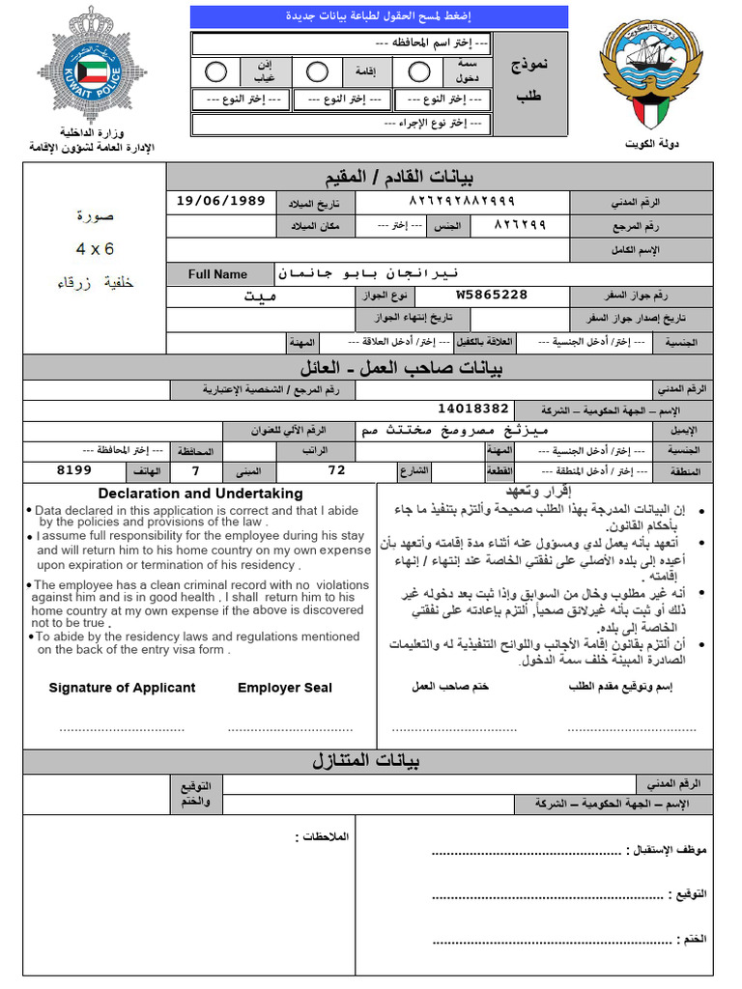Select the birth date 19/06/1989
tap(221, 201)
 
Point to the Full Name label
tap(217, 274)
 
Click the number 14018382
tap(473, 409)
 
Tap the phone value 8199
tap(74, 470)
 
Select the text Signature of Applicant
tap(122, 688)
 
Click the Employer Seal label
tap(284, 688)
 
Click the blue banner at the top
tap(379, 16)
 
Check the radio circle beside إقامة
tap(317, 72)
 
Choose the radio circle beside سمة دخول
tap(418, 72)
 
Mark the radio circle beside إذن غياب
tap(216, 72)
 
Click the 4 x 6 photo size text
tap(95, 248)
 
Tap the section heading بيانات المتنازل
tap(366, 760)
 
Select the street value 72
tap(336, 470)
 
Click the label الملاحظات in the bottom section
tap(325, 835)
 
